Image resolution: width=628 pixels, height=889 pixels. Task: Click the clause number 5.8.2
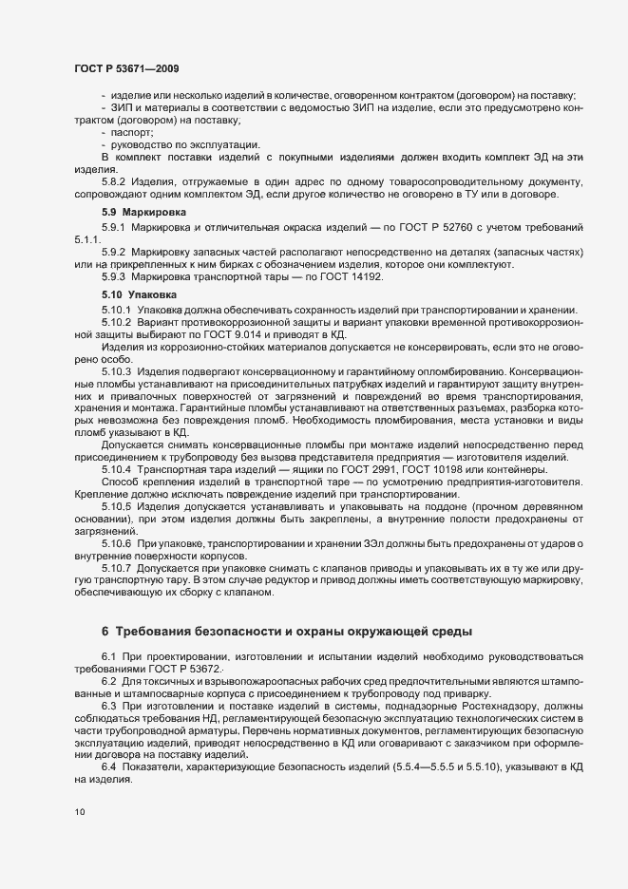pos(114,180)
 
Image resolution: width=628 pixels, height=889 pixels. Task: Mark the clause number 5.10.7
pos(117,567)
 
